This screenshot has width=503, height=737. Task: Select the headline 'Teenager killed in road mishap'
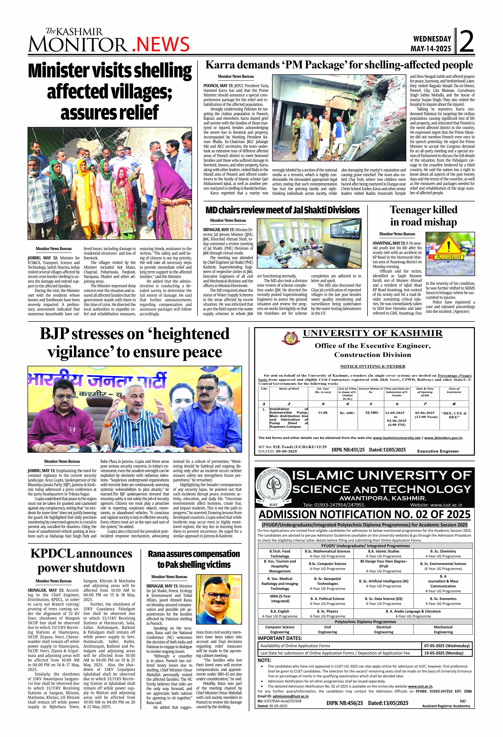click(423, 216)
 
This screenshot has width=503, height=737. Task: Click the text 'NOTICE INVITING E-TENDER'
click(372, 366)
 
